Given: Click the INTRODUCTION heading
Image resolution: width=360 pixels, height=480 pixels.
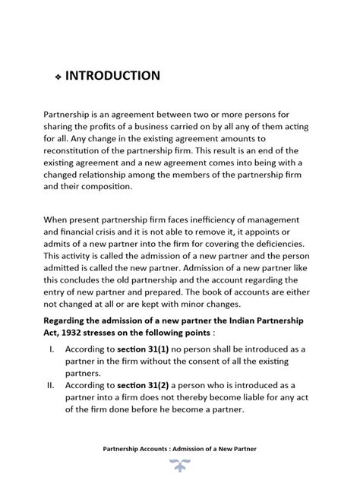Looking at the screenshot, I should [112, 76].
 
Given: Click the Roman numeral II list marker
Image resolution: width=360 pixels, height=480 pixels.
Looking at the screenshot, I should [50, 385].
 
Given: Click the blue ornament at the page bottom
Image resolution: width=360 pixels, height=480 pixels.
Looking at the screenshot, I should [179, 464].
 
